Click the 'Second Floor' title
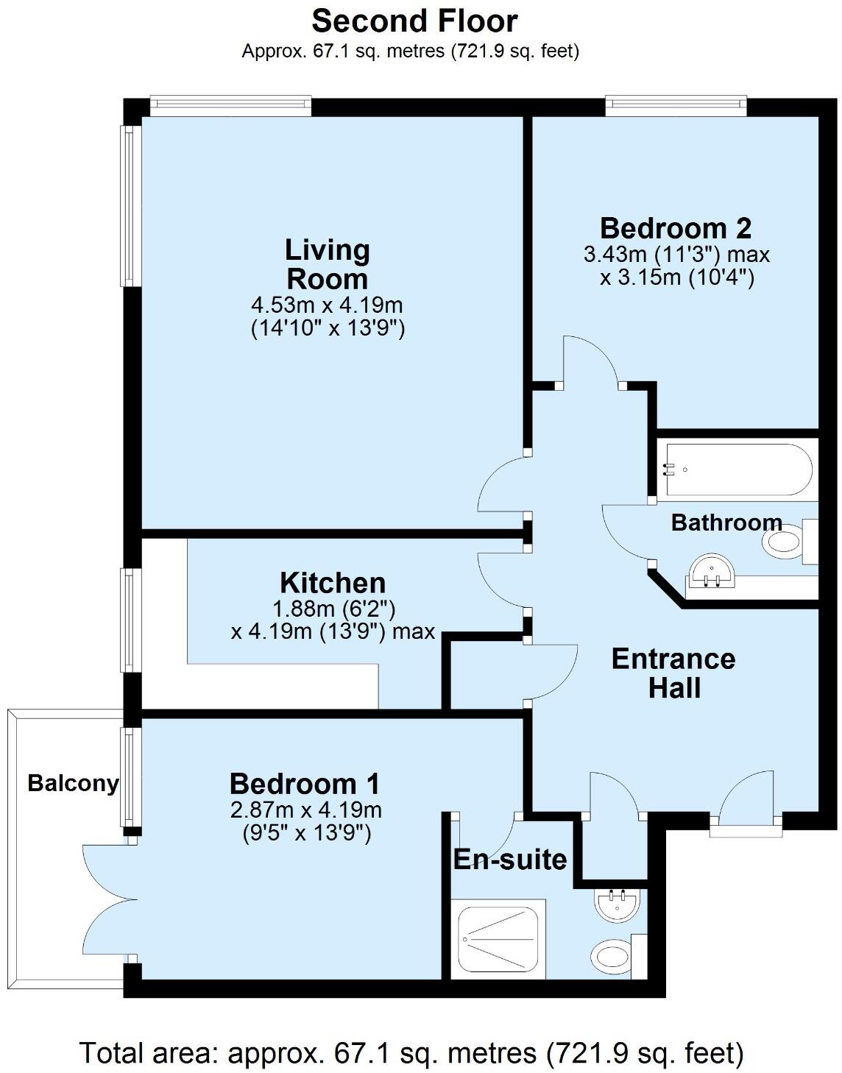(x=414, y=21)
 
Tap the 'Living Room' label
(x=328, y=264)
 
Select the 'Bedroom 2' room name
(x=675, y=228)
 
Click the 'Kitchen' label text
(x=333, y=583)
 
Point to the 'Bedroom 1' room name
(x=305, y=784)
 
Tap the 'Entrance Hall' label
(x=673, y=673)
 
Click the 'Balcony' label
(x=73, y=783)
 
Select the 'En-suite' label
(x=509, y=859)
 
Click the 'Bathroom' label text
(x=726, y=523)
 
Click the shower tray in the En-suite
(x=500, y=939)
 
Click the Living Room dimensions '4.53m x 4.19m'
(x=328, y=304)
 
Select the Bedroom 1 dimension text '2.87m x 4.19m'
(x=305, y=810)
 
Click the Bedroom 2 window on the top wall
(x=676, y=107)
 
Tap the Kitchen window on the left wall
(x=130, y=620)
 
